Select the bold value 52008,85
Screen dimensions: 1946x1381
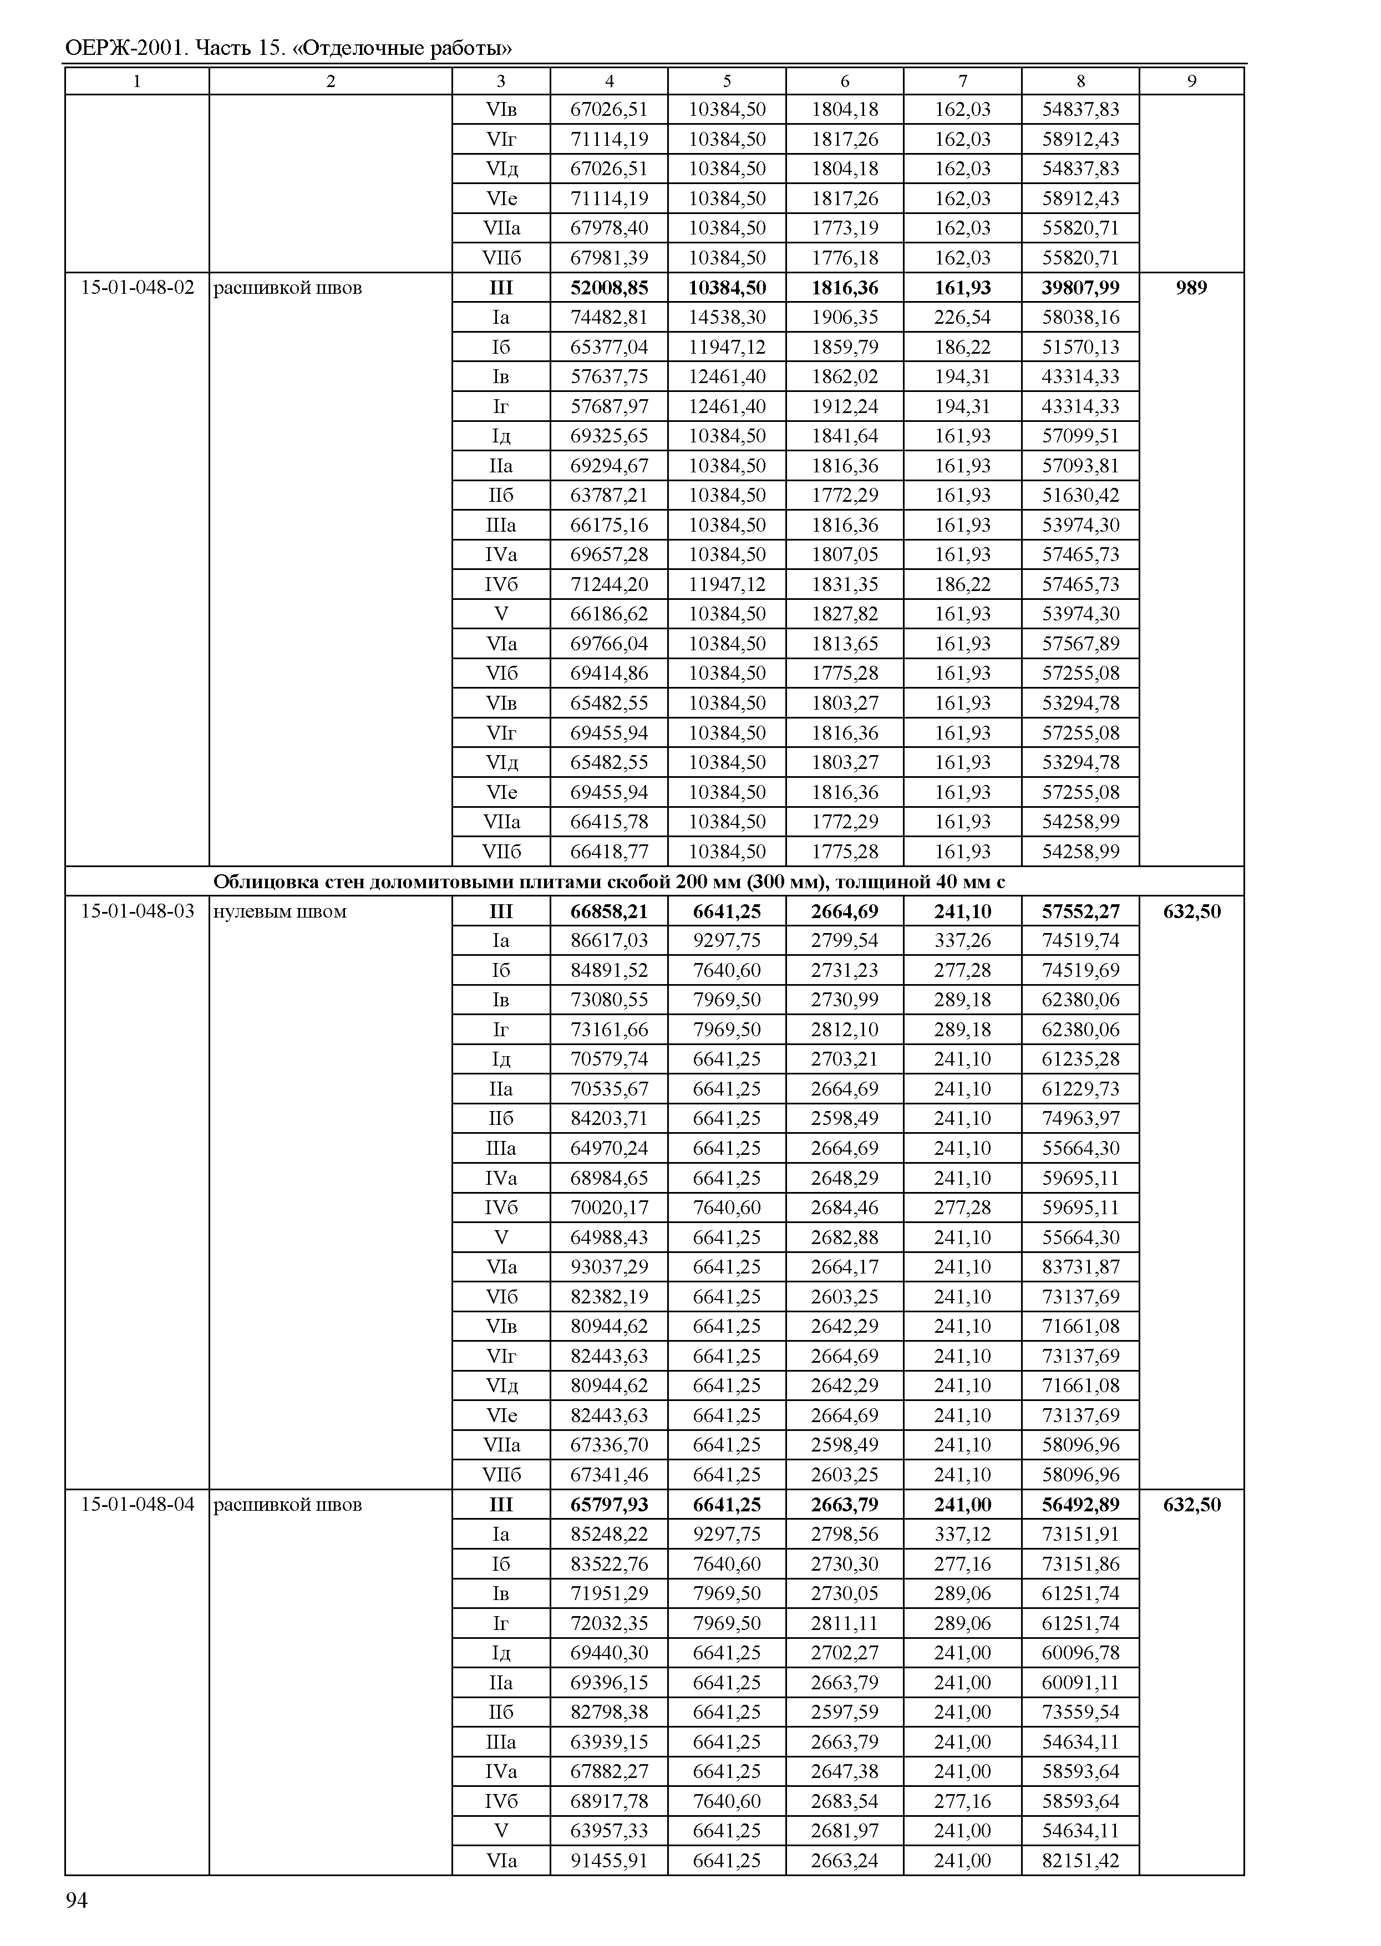coord(609,287)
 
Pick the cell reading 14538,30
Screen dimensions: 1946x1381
coord(727,317)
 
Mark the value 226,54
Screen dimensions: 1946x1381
coord(963,317)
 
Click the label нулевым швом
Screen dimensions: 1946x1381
coord(280,911)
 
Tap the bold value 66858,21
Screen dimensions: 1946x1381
coord(609,911)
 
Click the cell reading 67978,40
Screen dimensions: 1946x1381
coord(609,228)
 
